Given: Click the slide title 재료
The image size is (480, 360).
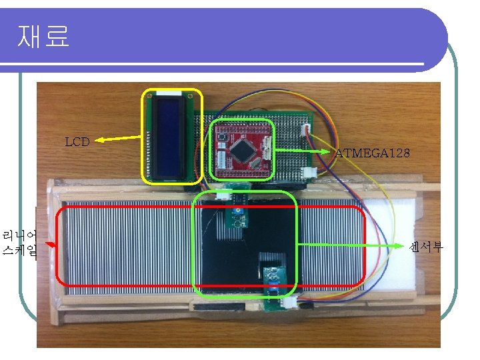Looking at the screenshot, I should [43, 37].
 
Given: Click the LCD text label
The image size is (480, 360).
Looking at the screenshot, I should [77, 141].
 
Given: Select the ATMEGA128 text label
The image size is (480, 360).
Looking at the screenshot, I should [372, 153].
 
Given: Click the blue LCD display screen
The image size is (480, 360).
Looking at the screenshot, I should [171, 136].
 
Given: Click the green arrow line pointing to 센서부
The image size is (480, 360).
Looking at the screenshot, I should [353, 245].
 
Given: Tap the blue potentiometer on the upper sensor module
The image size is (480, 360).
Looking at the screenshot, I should [237, 212].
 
